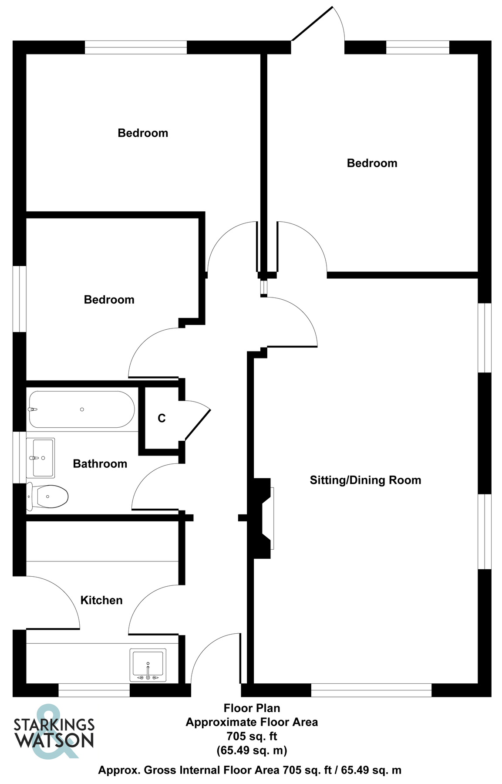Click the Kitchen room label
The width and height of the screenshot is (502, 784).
click(x=101, y=600)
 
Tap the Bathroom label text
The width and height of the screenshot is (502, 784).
click(x=100, y=463)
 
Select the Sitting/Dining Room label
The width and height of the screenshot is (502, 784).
click(x=365, y=480)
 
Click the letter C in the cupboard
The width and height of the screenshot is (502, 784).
click(x=162, y=418)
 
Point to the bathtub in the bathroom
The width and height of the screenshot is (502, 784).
click(x=82, y=409)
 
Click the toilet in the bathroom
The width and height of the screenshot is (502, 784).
click(x=49, y=497)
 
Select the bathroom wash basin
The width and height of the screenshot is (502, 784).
click(x=41, y=458)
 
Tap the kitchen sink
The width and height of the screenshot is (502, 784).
click(x=148, y=665)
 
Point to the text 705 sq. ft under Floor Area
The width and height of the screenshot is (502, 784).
click(x=252, y=736)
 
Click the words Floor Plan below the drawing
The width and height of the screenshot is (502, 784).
click(x=252, y=708)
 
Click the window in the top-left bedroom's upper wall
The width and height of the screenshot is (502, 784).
click(x=136, y=47)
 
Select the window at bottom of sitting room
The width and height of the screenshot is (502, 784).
click(x=371, y=690)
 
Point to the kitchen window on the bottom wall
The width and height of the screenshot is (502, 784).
click(x=94, y=690)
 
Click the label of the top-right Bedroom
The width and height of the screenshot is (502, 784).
click(x=372, y=163)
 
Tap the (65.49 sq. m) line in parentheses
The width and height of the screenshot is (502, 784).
click(x=252, y=750)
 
